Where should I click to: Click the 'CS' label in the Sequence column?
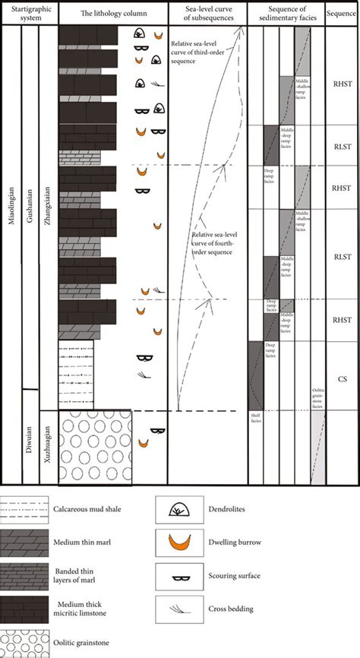tap(341, 375)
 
